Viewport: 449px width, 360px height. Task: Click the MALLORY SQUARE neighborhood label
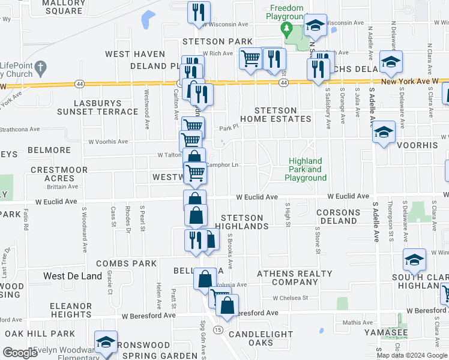point(63,7)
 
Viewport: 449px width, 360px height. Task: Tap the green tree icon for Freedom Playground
point(287,28)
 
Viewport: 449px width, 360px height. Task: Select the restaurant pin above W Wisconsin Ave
point(197,13)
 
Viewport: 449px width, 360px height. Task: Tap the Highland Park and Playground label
point(305,169)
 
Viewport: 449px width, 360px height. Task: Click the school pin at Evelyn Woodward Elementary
point(106,342)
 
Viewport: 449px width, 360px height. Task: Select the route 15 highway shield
point(217,331)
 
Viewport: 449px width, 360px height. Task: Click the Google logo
point(20,353)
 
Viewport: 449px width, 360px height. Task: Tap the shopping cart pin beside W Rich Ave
point(250,59)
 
